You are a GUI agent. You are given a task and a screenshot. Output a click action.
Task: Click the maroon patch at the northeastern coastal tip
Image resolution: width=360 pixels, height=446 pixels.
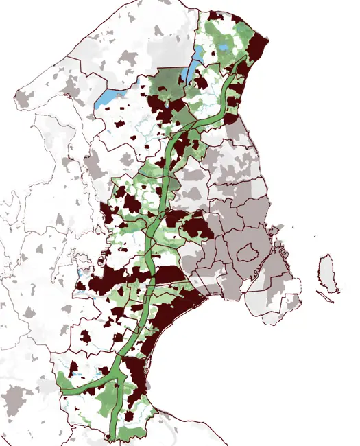(258, 45)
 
